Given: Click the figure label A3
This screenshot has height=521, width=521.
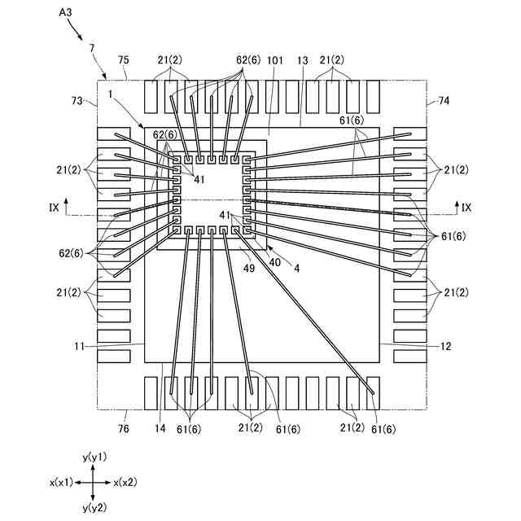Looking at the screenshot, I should pos(69,14).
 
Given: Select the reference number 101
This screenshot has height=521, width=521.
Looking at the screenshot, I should pos(274,60).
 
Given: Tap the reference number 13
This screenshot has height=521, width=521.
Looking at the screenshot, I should pos(302,60).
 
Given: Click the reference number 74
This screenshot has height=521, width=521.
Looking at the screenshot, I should pos(444,100).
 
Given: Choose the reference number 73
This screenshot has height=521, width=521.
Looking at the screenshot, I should pos(78,100).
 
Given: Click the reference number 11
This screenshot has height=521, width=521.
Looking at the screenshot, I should pos(79,346).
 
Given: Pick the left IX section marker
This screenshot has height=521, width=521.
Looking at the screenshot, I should pos(54,208).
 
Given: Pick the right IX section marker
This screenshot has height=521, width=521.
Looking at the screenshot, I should pos(466,208).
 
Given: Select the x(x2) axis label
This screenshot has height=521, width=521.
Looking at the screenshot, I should pos(129,482).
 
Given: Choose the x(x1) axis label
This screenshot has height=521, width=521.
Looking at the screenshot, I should pos(63,482).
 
